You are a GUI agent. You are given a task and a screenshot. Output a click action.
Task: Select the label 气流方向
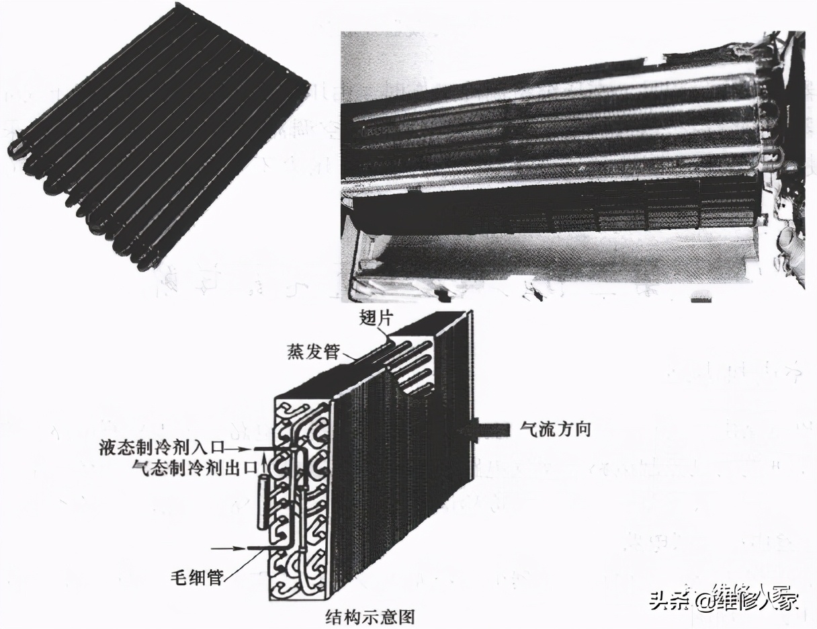coord(555,429)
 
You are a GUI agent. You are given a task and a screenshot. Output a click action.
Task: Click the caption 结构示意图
coord(370,616)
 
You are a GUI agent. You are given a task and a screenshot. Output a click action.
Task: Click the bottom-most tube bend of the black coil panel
coord(144,264)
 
